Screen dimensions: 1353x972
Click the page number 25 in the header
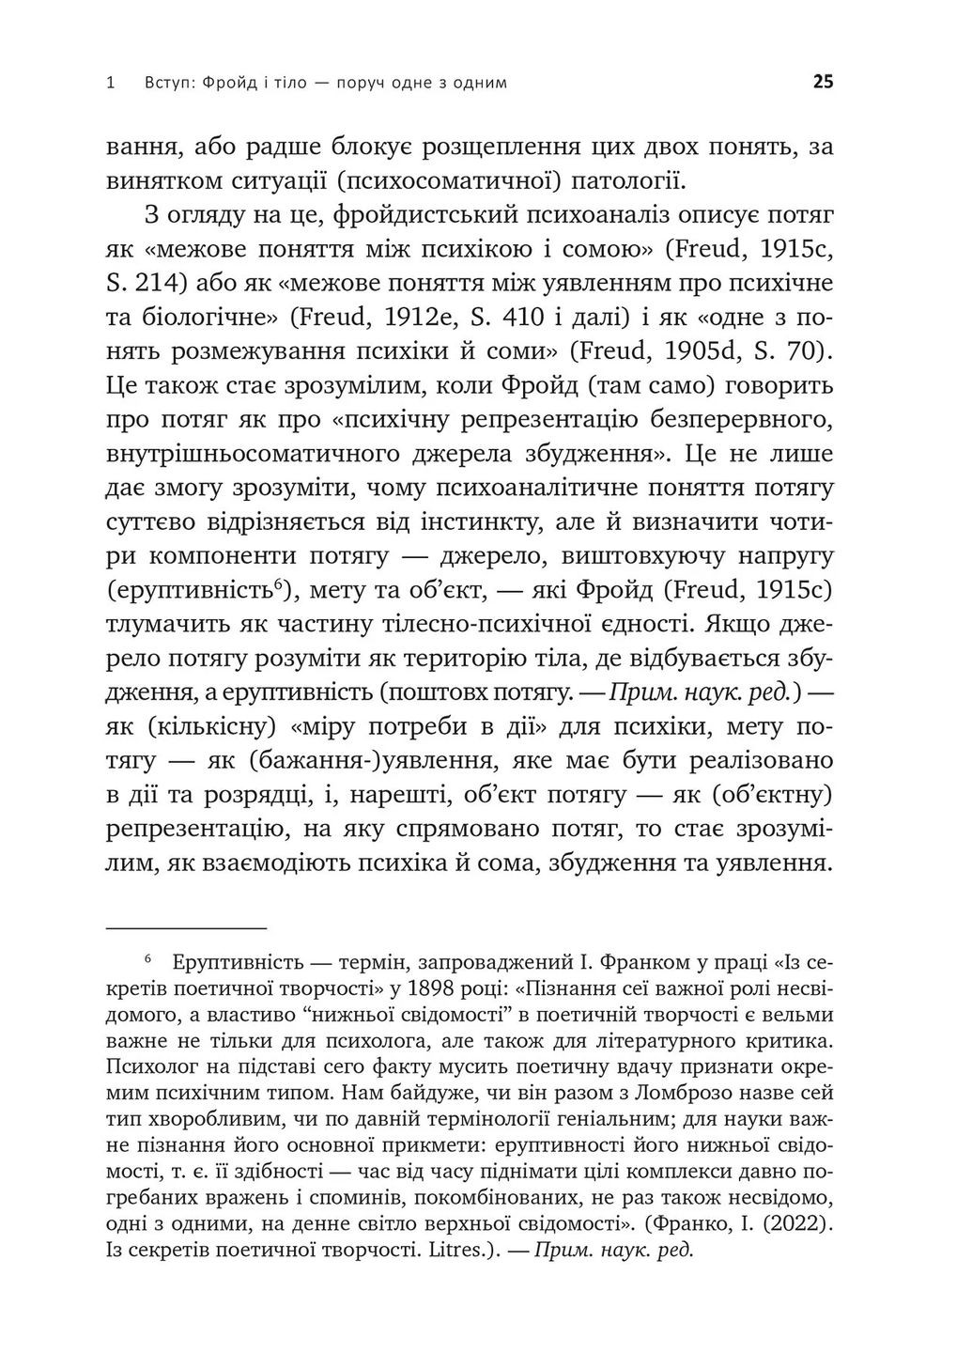[x=823, y=82]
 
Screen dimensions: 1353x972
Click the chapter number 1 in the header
[x=112, y=83]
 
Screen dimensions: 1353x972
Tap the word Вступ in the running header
[x=170, y=83]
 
